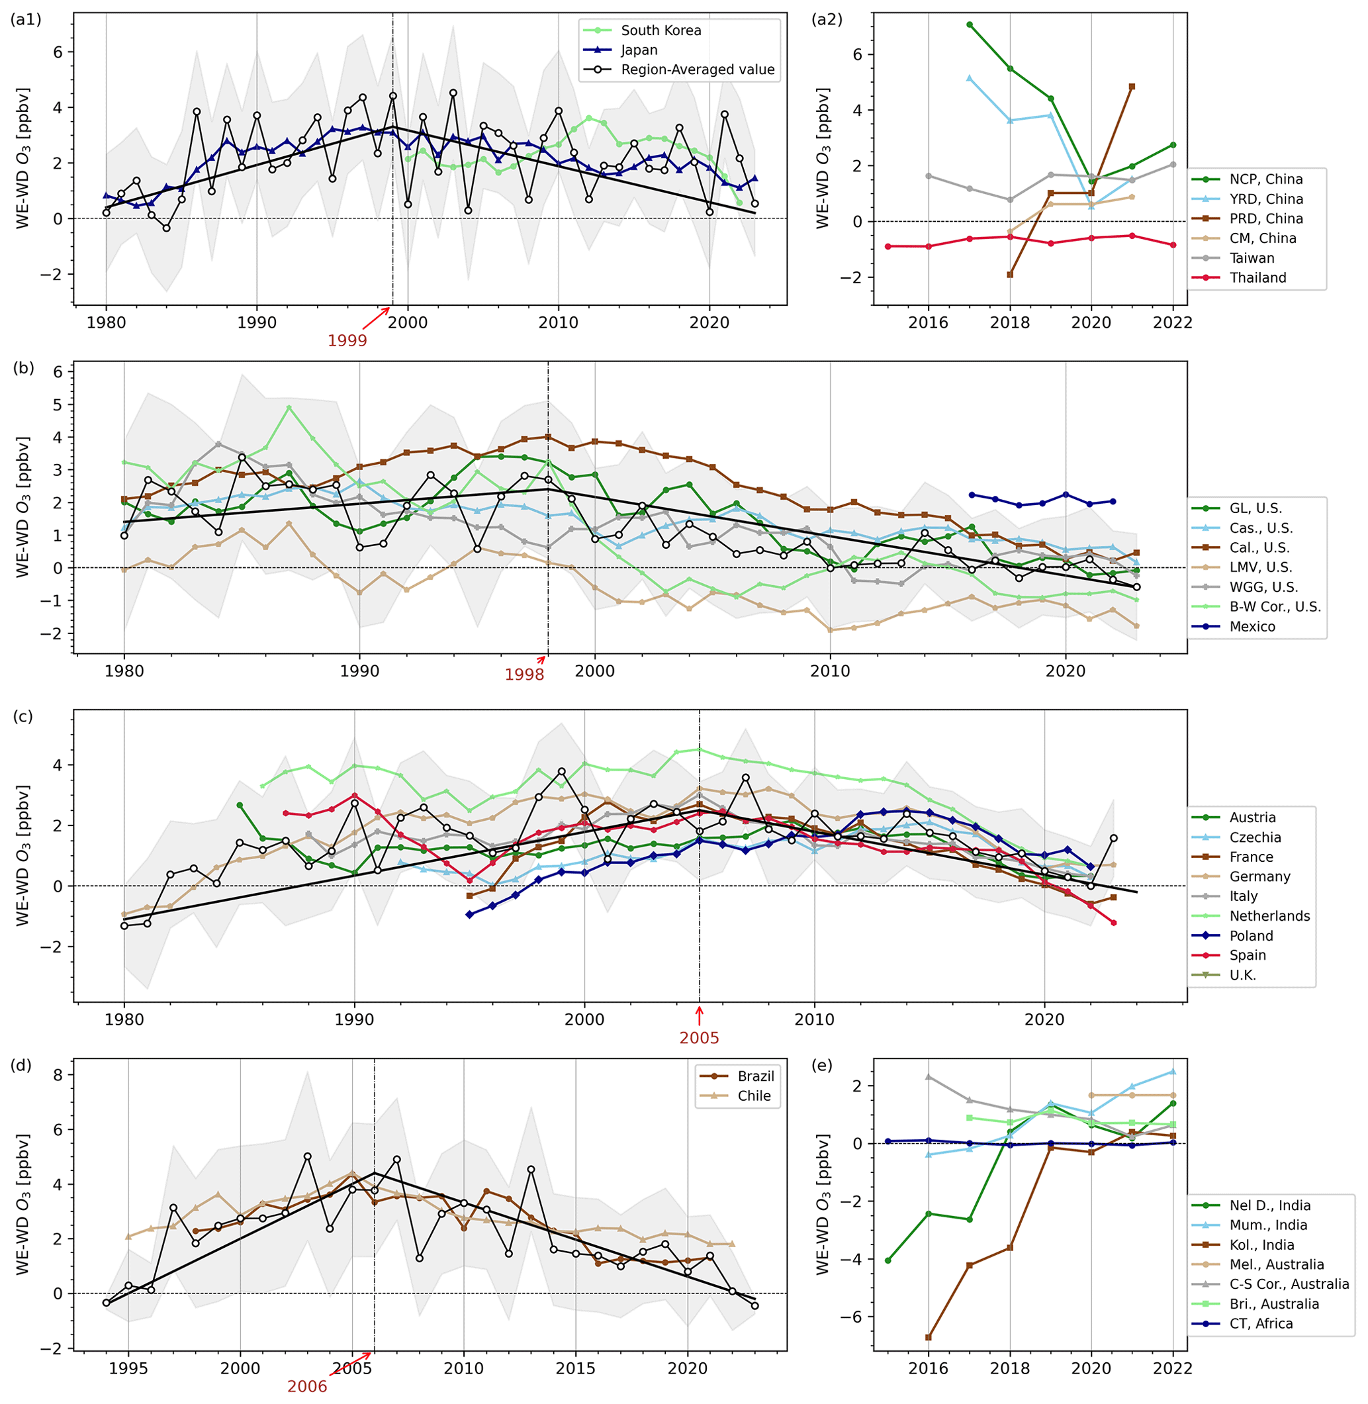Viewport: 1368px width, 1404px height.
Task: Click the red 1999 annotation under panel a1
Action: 347,341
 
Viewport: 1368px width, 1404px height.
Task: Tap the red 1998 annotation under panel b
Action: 524,675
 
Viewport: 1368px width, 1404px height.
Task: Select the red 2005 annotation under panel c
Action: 699,1037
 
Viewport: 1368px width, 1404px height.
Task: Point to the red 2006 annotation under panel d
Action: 307,1387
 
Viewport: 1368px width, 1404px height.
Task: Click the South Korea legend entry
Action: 661,30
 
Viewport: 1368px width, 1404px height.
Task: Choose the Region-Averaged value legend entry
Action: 697,70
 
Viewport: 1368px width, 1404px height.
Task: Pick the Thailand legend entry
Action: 1257,277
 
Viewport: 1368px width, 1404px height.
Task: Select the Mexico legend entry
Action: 1252,627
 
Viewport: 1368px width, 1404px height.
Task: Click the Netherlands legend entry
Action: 1269,915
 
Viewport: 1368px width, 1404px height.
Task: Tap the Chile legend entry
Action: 754,1096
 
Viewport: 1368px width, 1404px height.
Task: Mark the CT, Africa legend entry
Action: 1260,1323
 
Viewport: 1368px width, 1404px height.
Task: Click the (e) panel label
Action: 821,1065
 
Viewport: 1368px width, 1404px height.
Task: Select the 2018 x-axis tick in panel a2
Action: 1009,322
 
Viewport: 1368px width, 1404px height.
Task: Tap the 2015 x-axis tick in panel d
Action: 576,1368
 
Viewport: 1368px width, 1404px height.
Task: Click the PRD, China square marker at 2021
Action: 1132,87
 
